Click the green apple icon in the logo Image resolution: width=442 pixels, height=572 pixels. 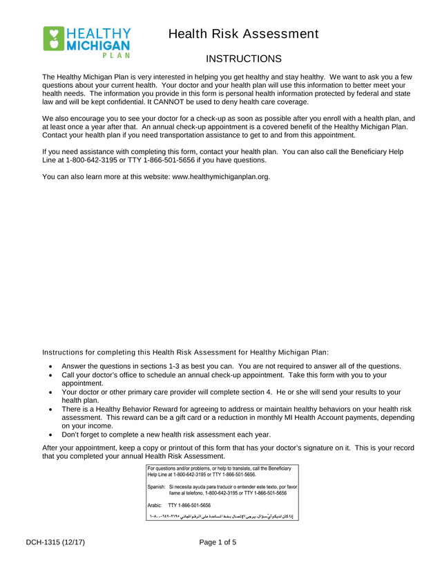point(53,39)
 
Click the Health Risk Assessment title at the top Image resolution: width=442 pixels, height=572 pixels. point(243,34)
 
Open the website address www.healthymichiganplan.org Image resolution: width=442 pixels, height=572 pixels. point(220,177)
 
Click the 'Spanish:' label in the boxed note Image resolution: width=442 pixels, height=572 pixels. point(157,487)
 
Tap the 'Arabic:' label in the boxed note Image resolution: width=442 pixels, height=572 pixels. point(156,505)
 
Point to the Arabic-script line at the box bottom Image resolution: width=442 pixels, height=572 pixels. point(221,516)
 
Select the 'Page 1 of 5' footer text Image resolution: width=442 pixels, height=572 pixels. point(218,542)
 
